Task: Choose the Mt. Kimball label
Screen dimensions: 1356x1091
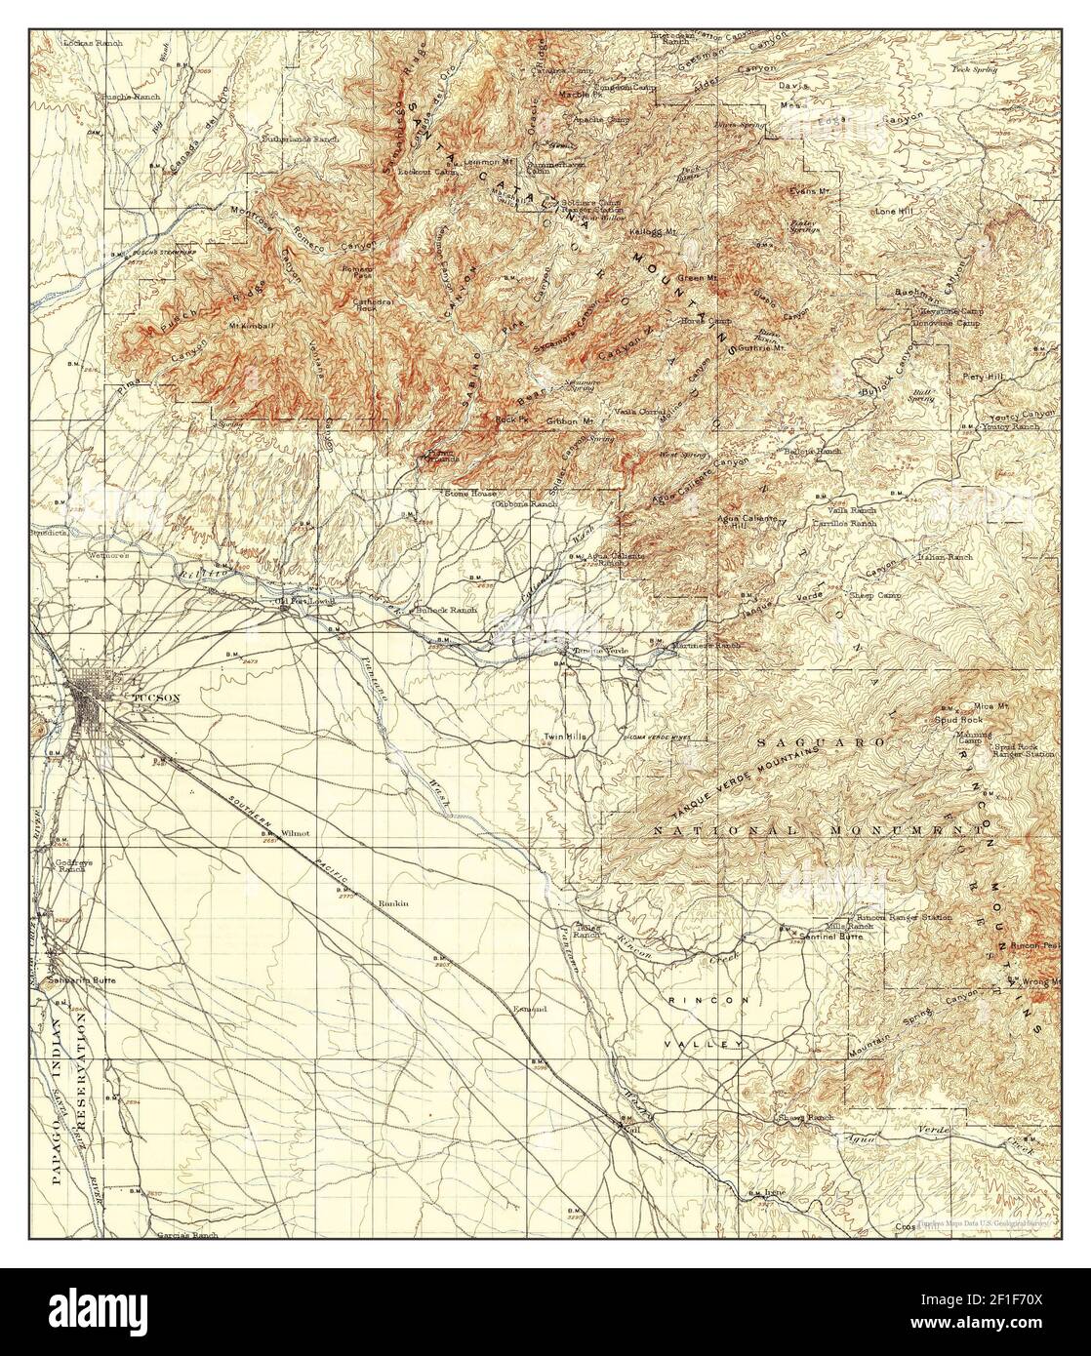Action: (x=249, y=325)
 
